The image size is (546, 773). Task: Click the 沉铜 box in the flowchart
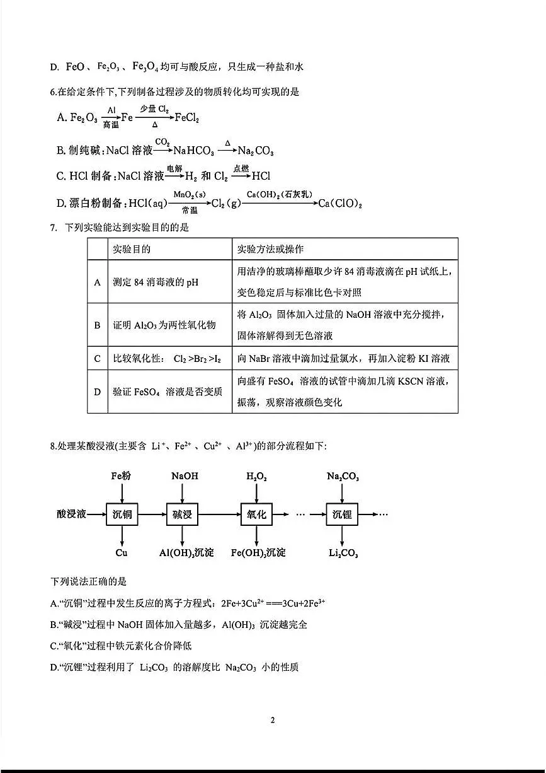click(122, 514)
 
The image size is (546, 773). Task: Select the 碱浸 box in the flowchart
click(182, 514)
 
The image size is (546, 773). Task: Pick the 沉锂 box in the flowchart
click(342, 514)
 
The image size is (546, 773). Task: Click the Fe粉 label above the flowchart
click(121, 476)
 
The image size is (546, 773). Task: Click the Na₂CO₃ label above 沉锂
click(343, 477)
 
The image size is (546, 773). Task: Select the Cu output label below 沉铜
click(122, 553)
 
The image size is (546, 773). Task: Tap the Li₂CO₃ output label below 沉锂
click(343, 554)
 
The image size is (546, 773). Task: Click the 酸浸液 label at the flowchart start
click(71, 514)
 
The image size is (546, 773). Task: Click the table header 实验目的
click(132, 249)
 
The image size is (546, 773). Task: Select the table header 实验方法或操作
click(270, 249)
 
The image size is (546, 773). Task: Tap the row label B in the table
click(97, 325)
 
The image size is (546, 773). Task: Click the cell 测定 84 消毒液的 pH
click(156, 282)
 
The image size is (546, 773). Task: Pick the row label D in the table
click(97, 392)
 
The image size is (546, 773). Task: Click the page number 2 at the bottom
click(273, 720)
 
